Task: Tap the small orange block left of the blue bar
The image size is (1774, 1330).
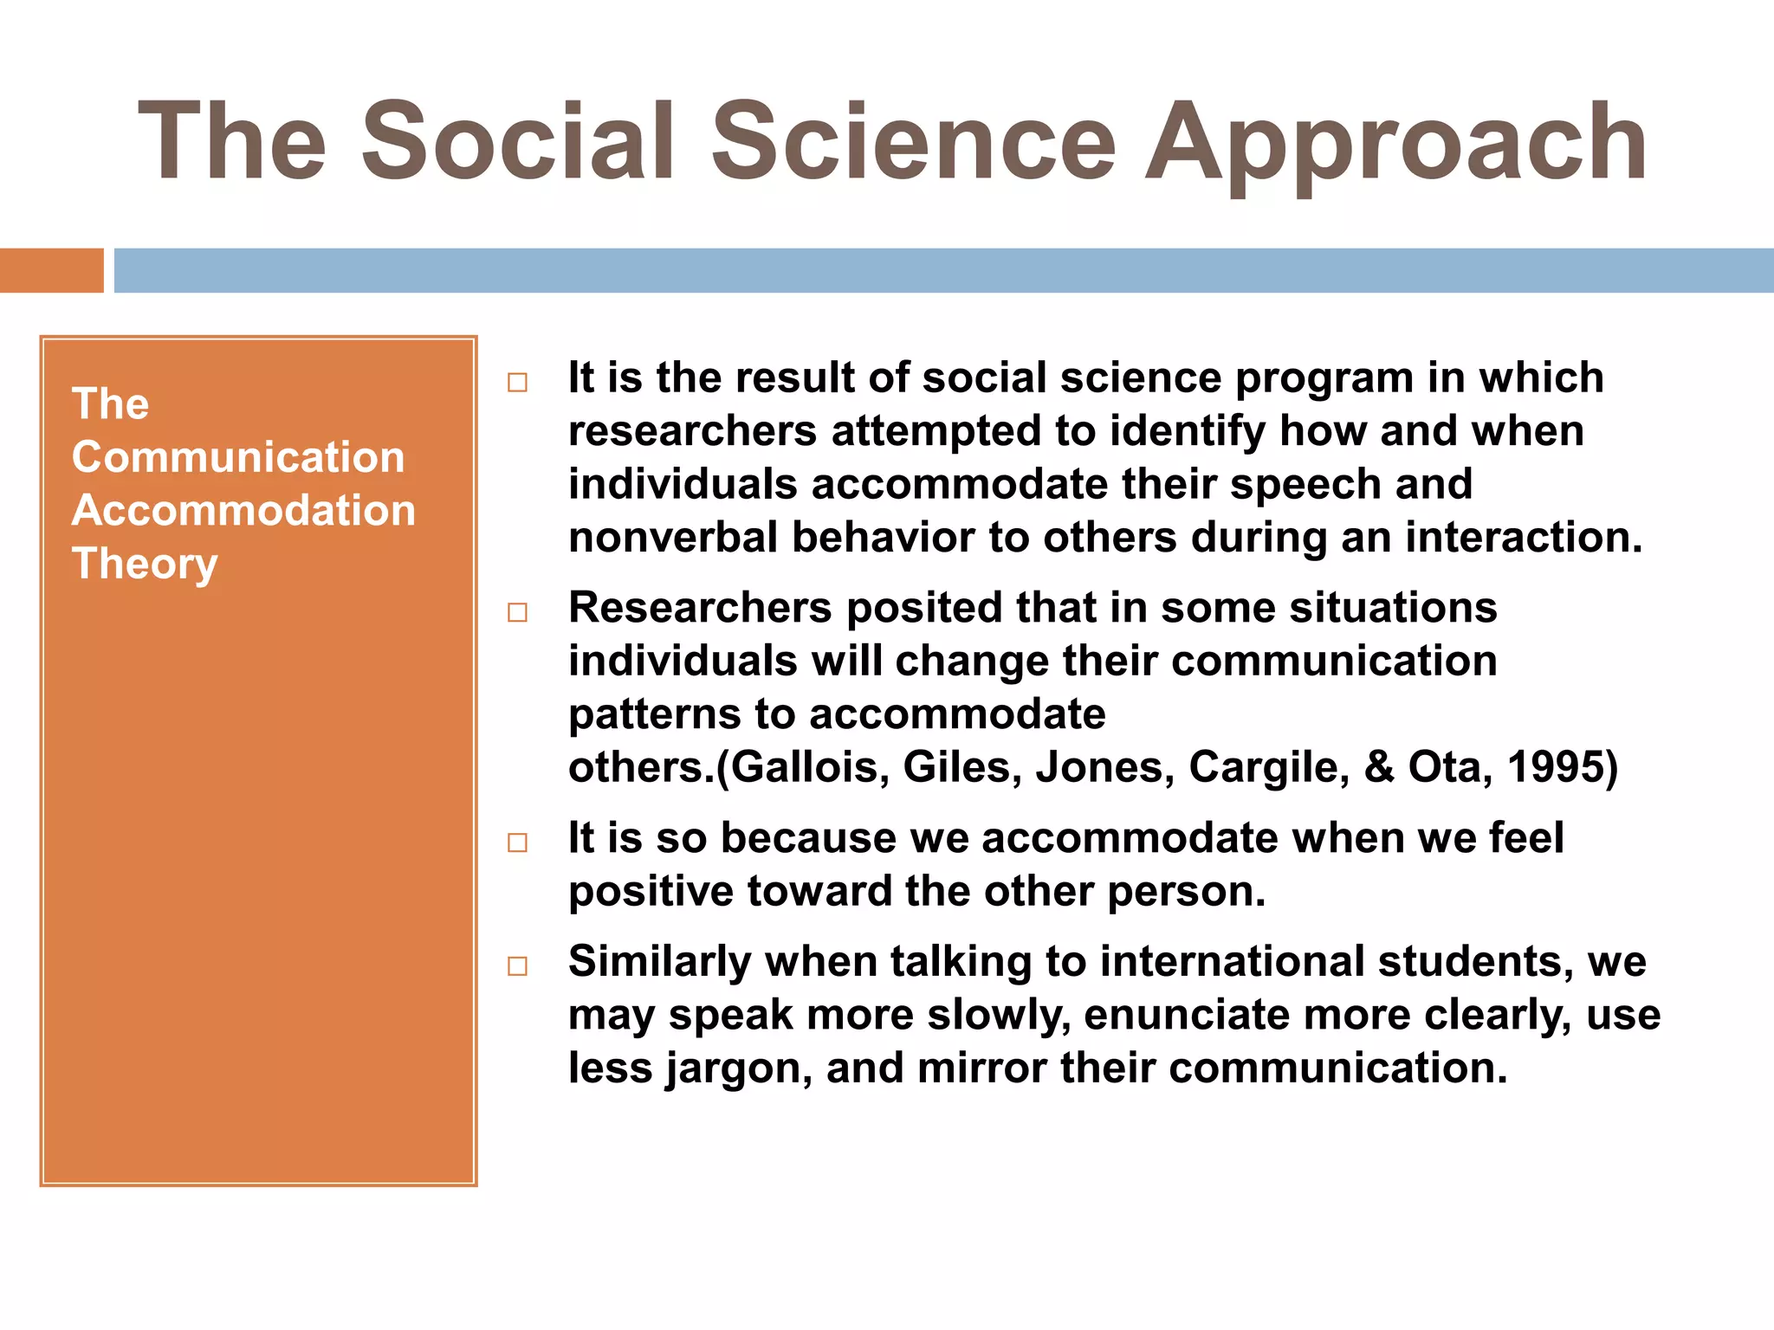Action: click(51, 270)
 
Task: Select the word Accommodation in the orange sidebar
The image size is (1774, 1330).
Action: click(243, 510)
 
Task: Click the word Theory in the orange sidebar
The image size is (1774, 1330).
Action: click(145, 564)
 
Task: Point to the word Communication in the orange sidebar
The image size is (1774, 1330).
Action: click(238, 457)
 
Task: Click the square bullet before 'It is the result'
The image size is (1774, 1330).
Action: click(517, 383)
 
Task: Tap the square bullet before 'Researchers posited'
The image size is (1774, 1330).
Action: click(517, 613)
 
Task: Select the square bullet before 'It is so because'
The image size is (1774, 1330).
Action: click(517, 843)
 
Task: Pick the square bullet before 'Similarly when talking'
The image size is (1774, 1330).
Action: click(517, 966)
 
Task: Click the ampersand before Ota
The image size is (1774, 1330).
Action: click(1379, 767)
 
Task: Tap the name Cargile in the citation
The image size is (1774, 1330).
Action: click(1267, 767)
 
